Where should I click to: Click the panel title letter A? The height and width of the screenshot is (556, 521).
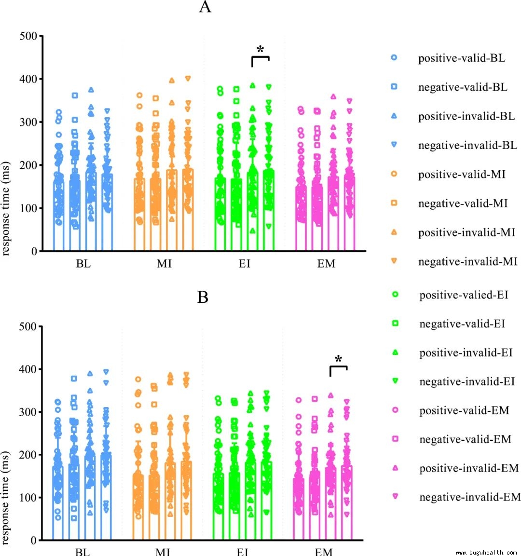205,7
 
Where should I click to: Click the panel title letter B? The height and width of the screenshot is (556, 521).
203,297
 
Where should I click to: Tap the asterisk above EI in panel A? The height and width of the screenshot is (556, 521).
260,49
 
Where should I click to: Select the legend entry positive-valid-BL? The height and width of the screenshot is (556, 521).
462,58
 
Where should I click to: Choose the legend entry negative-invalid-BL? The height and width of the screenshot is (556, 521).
467,145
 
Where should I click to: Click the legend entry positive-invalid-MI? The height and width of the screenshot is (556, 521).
466,232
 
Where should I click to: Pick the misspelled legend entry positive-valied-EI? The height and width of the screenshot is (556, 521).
464,295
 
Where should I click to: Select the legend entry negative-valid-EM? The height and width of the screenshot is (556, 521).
465,439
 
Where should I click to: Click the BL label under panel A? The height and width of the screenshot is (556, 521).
83,264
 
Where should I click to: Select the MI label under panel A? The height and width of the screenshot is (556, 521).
164,264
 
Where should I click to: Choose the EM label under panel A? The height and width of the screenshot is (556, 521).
326,264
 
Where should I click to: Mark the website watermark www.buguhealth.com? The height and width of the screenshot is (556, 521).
486,553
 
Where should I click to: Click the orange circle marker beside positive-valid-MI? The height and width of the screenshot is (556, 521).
394,174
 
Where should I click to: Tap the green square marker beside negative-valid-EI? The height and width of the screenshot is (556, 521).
395,324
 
